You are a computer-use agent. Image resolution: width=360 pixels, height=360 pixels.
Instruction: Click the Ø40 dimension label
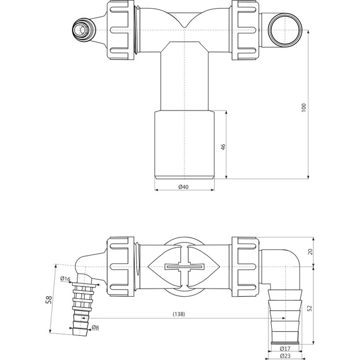click(183, 187)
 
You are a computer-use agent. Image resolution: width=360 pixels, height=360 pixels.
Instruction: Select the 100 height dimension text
click(304, 108)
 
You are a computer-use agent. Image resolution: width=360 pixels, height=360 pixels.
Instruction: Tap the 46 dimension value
click(223, 147)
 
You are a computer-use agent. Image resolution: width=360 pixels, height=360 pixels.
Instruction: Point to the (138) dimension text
click(179, 314)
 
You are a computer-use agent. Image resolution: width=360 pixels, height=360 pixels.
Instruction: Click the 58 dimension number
click(49, 300)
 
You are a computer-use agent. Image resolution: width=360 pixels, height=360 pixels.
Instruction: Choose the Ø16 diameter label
click(65, 279)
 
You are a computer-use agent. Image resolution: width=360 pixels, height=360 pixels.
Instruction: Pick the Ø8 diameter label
click(95, 327)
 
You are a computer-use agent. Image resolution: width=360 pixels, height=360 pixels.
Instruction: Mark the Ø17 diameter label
click(285, 348)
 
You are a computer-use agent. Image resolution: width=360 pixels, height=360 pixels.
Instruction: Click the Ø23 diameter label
click(285, 356)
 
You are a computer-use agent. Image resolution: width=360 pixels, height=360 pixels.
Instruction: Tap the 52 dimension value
click(310, 308)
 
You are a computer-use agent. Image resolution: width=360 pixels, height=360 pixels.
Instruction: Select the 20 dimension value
click(310, 252)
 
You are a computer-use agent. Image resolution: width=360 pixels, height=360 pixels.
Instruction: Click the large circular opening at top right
click(285, 30)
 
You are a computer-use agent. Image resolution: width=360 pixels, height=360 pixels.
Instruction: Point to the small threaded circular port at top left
click(83, 30)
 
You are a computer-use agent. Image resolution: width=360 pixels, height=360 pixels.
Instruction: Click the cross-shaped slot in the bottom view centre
click(184, 267)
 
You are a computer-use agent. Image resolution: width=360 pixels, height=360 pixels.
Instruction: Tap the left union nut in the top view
click(121, 30)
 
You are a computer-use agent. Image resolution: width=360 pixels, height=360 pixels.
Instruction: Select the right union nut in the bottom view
click(245, 267)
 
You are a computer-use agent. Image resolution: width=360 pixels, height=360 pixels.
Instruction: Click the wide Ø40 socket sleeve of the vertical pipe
click(184, 145)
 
